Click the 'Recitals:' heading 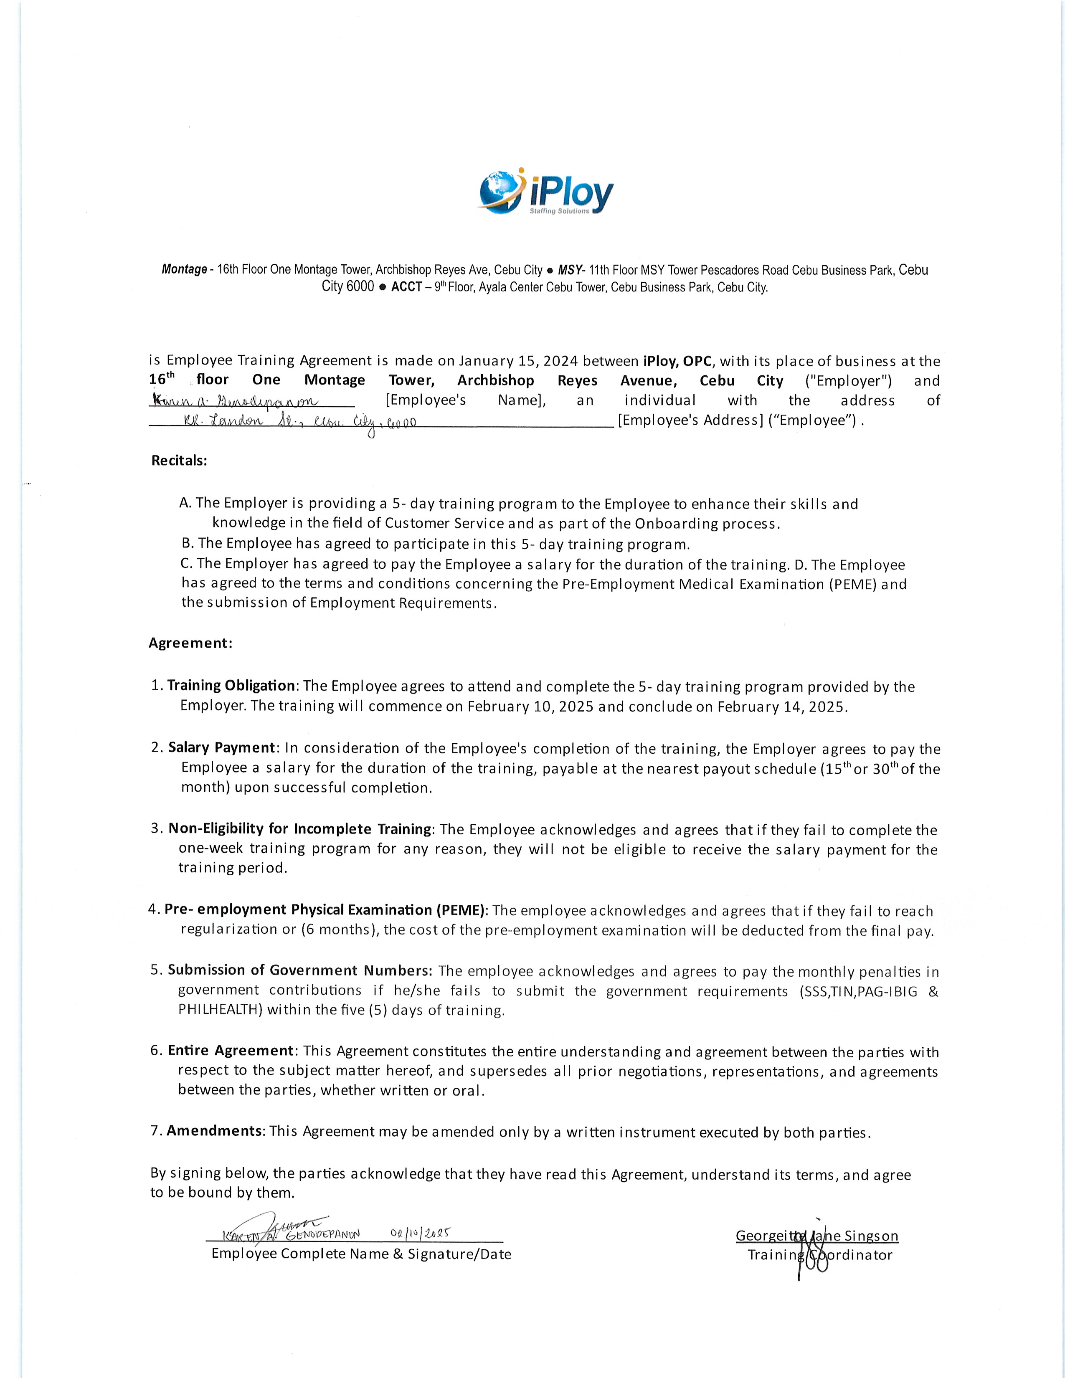point(179,461)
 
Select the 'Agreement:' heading point(190,643)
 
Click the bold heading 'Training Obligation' point(231,685)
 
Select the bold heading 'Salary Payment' point(222,748)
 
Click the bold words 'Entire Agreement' point(231,1051)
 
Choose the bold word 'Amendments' point(215,1131)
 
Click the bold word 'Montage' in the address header point(184,269)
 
